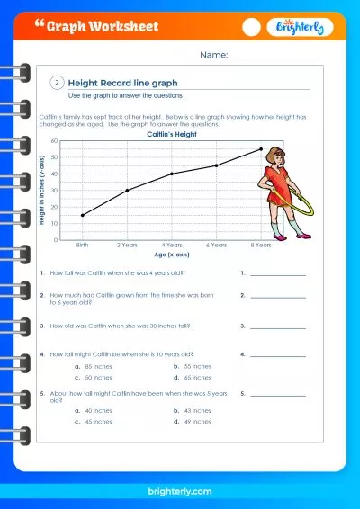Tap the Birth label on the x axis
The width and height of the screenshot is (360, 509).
pos(83,245)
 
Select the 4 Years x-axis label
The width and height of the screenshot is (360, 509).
pos(172,245)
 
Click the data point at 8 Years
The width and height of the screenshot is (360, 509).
pos(261,149)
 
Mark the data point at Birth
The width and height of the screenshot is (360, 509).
pos(83,215)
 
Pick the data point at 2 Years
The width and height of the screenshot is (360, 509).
pos(128,190)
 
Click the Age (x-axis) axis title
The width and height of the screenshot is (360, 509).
pos(172,255)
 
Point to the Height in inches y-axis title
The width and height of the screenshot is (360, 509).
pos(42,191)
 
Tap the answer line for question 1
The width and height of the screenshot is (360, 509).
pos(278,272)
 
